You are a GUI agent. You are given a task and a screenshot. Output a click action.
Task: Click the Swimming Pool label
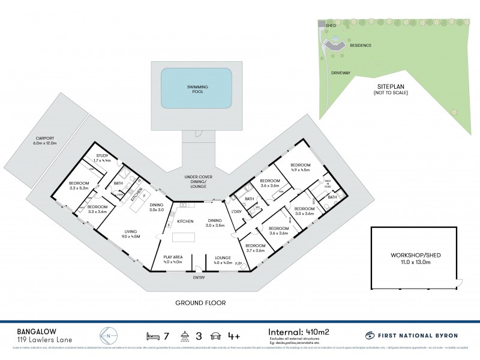196,88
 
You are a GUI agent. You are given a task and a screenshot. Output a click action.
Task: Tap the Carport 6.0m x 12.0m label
46,142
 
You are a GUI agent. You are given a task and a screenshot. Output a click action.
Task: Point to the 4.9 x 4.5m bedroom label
300,167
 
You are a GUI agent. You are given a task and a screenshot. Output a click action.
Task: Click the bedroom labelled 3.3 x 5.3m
78,186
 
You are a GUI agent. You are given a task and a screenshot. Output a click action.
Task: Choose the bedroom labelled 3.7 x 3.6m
255,249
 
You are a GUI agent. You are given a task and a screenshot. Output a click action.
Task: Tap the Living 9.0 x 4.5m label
130,234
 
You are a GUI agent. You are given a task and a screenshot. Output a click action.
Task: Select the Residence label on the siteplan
361,45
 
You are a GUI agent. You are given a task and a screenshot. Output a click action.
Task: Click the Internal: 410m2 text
299,330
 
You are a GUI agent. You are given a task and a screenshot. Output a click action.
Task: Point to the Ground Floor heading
200,303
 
